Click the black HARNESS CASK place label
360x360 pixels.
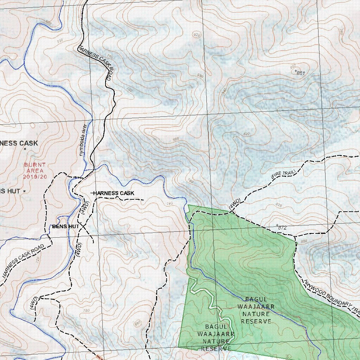pos(114,193)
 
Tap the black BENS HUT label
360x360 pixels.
pos(66,226)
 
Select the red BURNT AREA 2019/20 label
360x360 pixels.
pos(35,171)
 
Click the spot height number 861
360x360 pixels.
pos(301,73)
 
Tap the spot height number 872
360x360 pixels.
pos(282,228)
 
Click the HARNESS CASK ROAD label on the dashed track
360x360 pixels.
pos(23,261)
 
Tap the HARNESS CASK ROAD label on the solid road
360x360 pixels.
pos(95,63)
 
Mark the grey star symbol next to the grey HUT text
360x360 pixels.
pos(24,191)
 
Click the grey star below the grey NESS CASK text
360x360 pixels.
pos(25,149)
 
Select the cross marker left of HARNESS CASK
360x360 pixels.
pos(92,193)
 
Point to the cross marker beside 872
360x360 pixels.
pos(277,225)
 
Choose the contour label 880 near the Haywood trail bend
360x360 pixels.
pos(304,241)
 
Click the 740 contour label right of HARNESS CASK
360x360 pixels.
pos(170,203)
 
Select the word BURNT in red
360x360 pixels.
pos(35,165)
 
